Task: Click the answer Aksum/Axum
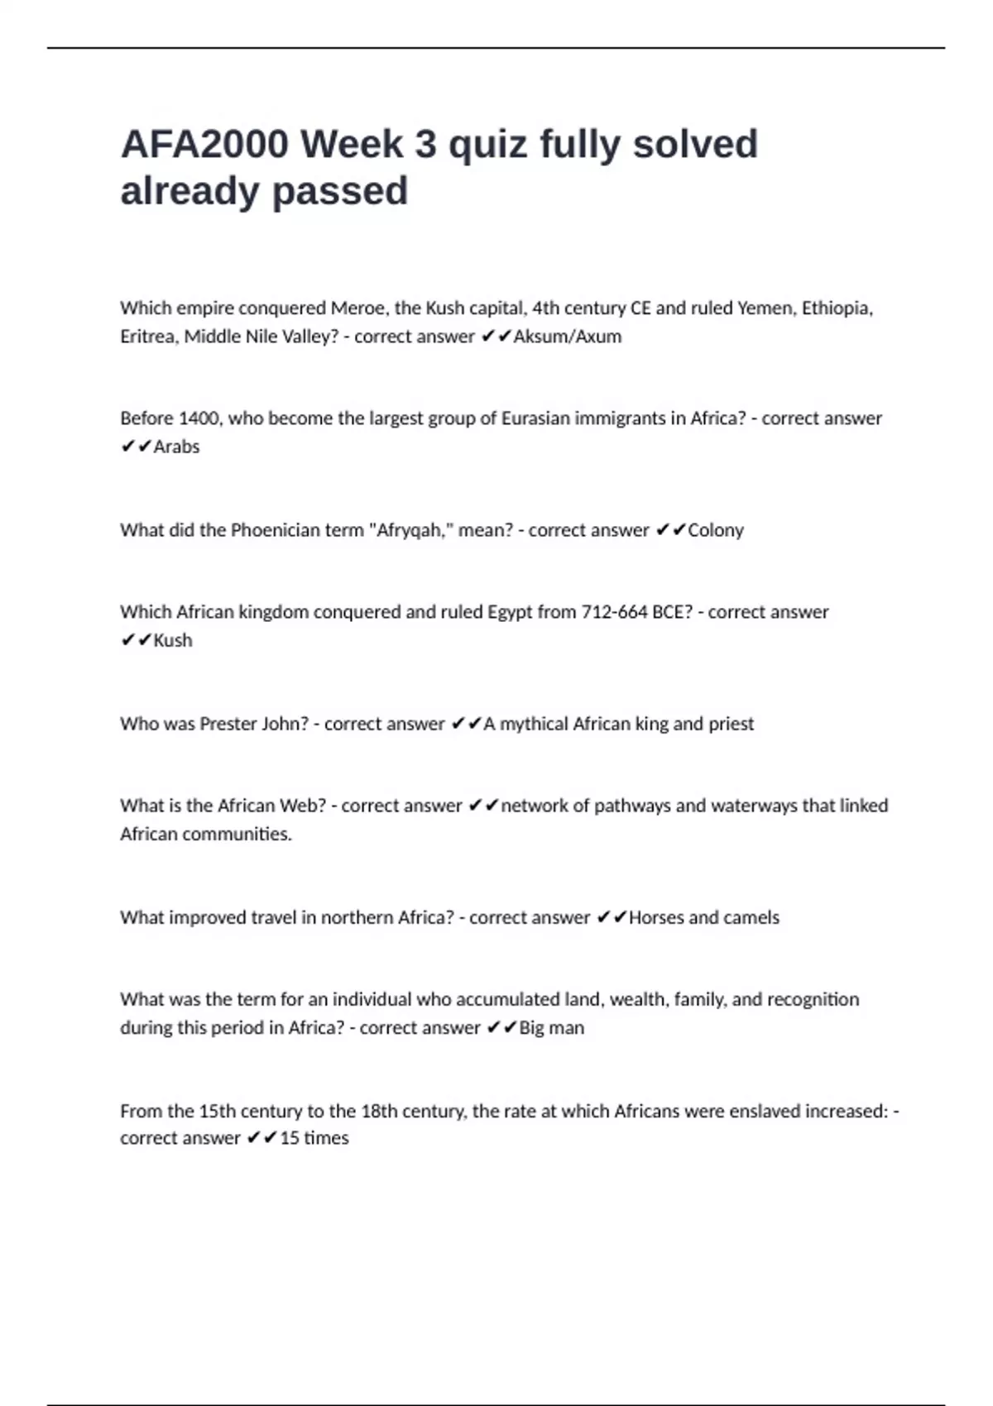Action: (x=568, y=337)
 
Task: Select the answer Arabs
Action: (x=176, y=447)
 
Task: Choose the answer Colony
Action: (x=716, y=530)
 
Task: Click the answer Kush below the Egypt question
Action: (x=173, y=640)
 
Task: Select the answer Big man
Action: (x=551, y=1028)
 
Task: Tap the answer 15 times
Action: (x=314, y=1138)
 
